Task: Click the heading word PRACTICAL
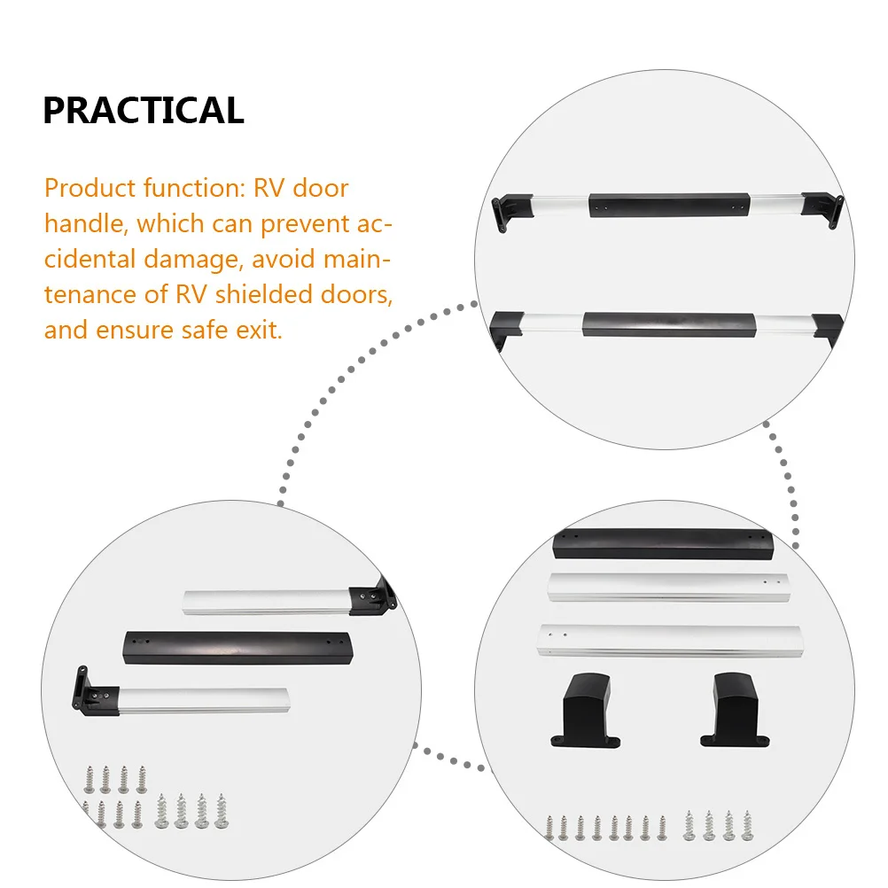tap(143, 111)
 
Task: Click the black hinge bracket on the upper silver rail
tap(372, 597)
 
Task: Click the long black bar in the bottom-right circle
tap(663, 542)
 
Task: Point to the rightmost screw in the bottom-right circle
tap(746, 825)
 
